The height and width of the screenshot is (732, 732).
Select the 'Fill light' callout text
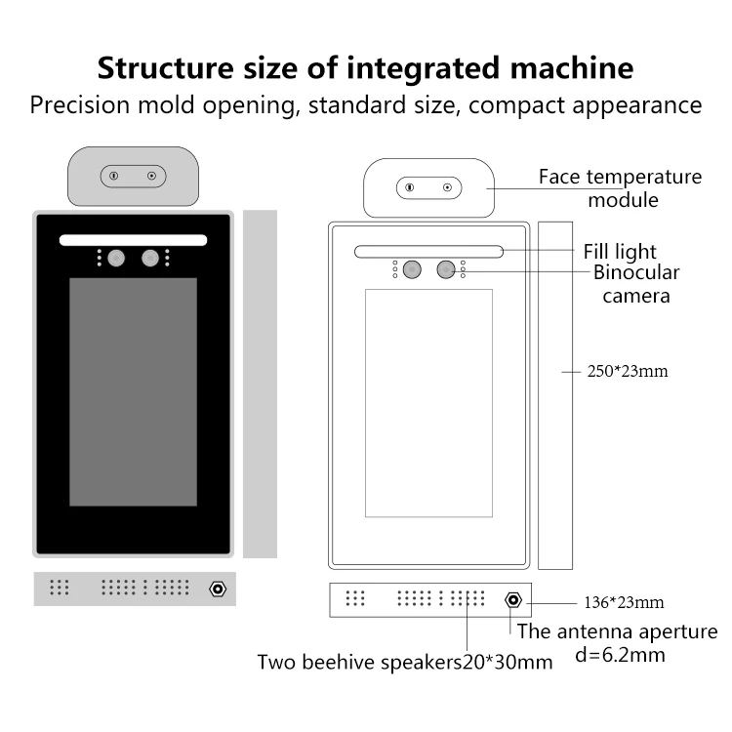tap(620, 252)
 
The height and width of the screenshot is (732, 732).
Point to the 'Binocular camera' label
tap(636, 283)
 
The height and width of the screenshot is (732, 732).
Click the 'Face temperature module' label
tap(620, 188)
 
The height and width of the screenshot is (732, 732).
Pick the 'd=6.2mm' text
tap(620, 655)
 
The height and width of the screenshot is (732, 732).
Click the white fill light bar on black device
tap(133, 239)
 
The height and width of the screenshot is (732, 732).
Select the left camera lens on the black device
tap(116, 258)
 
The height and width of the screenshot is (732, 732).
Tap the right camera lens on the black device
tap(149, 258)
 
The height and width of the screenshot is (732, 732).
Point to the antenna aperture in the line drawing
tap(510, 598)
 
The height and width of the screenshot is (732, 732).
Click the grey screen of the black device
tap(133, 391)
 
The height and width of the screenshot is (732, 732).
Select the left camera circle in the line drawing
tap(412, 269)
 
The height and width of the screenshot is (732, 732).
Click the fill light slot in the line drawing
tap(429, 252)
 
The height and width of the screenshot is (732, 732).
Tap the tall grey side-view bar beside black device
tap(260, 384)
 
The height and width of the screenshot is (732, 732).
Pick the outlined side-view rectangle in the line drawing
tap(554, 394)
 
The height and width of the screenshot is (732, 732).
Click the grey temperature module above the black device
tap(133, 176)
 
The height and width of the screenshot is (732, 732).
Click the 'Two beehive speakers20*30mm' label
tap(405, 663)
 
